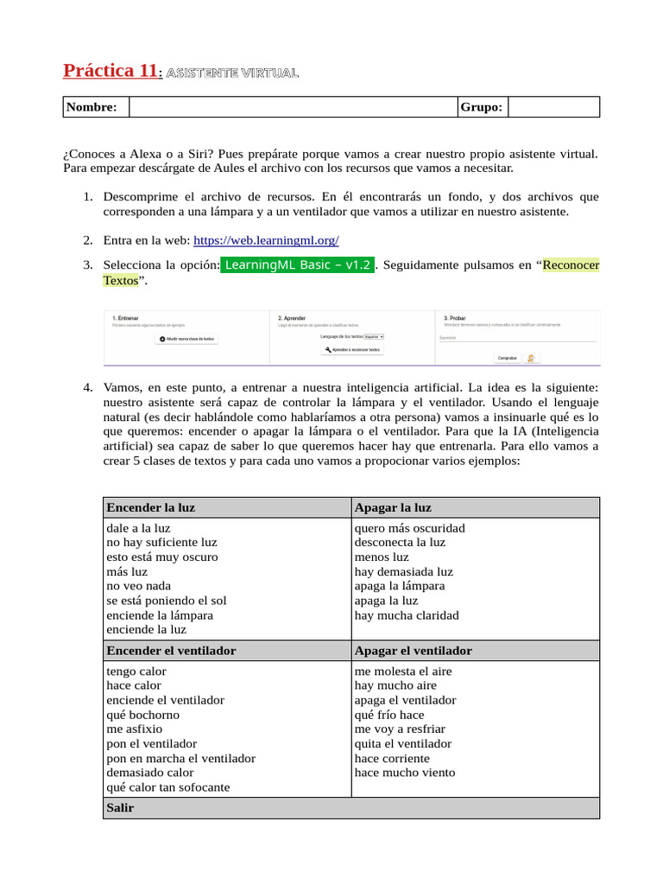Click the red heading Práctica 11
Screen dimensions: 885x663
[x=110, y=72]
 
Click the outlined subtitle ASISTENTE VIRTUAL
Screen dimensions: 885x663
[x=232, y=73]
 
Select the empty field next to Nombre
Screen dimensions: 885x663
[x=293, y=107]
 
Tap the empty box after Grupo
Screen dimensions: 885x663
[x=552, y=107]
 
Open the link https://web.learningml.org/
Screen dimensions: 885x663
[x=266, y=240]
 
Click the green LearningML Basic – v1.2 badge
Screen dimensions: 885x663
[x=298, y=265]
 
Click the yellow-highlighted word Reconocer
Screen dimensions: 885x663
[x=571, y=265]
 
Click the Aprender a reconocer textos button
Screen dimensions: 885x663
[x=352, y=350]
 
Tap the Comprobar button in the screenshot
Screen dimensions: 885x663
[x=507, y=357]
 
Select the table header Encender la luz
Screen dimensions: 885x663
[x=151, y=507]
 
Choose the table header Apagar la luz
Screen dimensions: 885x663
[x=393, y=507]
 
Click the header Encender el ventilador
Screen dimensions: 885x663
[x=171, y=651]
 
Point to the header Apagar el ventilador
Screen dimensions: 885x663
[x=413, y=651]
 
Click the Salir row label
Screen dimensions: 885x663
[x=120, y=808]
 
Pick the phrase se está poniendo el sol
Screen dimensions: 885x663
[x=166, y=601]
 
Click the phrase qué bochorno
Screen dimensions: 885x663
[x=142, y=715]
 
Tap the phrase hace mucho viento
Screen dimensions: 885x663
[x=404, y=773]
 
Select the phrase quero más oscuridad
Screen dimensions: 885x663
[x=409, y=528]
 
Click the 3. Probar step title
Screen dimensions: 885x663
[x=454, y=318]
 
